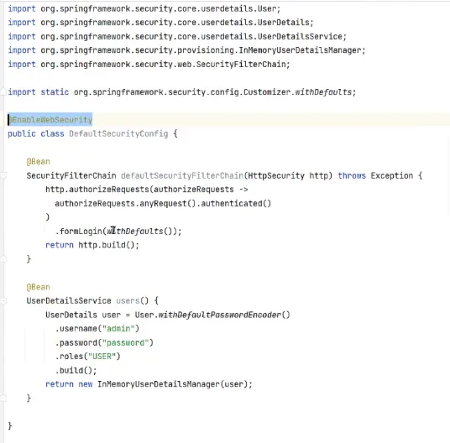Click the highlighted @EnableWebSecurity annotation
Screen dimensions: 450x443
click(50, 120)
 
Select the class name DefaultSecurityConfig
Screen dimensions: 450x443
click(118, 133)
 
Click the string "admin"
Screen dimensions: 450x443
click(118, 328)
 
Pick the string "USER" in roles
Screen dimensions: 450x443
click(102, 356)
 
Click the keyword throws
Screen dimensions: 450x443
click(352, 175)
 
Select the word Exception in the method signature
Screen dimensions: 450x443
click(392, 175)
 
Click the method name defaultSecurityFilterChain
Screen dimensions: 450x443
click(182, 175)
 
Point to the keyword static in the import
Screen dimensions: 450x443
click(55, 91)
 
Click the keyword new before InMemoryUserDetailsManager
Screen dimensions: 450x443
click(86, 384)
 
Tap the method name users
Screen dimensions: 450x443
click(128, 300)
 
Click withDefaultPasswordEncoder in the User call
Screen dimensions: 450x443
click(220, 315)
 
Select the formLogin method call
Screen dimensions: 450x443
click(81, 231)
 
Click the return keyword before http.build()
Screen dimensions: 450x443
click(60, 245)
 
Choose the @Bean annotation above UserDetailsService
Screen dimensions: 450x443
click(38, 287)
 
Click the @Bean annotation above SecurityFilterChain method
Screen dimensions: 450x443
click(38, 161)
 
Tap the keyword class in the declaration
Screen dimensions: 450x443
click(53, 133)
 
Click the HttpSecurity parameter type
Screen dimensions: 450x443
click(276, 175)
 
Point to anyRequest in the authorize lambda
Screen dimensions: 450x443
click(163, 203)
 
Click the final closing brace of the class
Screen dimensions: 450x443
click(10, 425)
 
